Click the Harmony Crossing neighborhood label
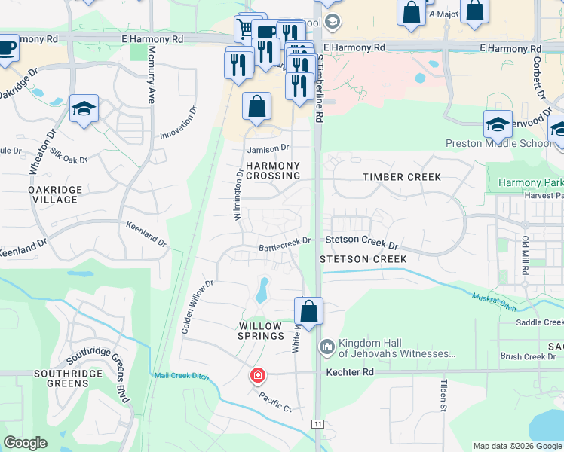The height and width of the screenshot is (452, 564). click(x=271, y=170)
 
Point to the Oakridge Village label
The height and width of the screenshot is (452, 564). click(x=53, y=194)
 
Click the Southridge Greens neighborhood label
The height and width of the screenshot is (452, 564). click(x=61, y=378)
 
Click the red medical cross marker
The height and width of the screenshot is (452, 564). click(x=258, y=374)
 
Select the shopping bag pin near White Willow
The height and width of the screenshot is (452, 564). click(x=308, y=310)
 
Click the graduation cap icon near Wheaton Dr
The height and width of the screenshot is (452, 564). click(x=84, y=108)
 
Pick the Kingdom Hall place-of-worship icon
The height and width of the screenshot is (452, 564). click(x=326, y=347)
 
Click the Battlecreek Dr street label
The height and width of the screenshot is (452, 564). click(x=285, y=244)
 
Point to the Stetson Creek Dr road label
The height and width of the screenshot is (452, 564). click(x=361, y=243)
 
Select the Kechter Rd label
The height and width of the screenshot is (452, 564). click(x=350, y=372)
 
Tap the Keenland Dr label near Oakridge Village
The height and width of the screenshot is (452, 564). click(x=146, y=234)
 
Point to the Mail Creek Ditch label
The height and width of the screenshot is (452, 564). click(x=180, y=375)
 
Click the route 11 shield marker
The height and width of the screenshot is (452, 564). click(x=319, y=425)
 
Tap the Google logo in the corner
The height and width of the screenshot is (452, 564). click(x=26, y=443)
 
